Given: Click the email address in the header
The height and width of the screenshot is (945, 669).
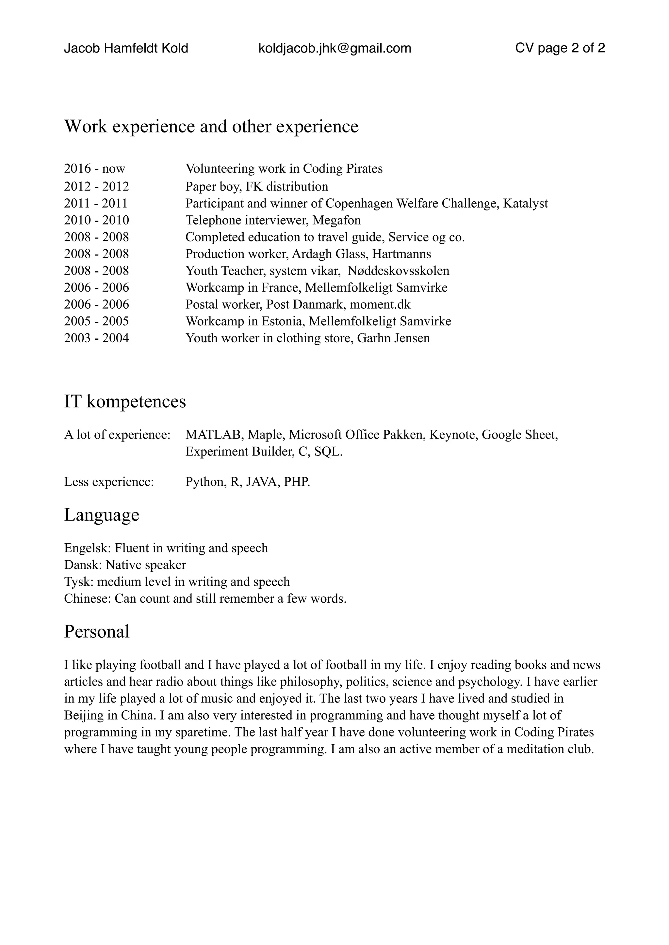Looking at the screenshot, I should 334,48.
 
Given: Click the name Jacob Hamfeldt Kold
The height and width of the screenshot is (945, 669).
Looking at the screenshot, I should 126,48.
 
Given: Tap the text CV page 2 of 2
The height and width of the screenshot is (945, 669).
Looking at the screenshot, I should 560,48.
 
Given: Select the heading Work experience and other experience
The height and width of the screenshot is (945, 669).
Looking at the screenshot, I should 211,126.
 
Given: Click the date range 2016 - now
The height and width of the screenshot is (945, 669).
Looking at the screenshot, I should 94,169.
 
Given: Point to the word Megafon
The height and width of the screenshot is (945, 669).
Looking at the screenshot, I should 336,220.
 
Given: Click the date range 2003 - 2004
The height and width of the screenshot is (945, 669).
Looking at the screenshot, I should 96,338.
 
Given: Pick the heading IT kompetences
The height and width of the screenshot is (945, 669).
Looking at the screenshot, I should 125,401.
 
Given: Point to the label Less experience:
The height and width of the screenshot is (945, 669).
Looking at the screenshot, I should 109,482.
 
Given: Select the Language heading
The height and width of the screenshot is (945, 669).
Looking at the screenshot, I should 101,515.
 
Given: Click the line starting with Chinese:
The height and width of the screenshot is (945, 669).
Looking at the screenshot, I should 205,598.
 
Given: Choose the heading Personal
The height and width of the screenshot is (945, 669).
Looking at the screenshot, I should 97,631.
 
